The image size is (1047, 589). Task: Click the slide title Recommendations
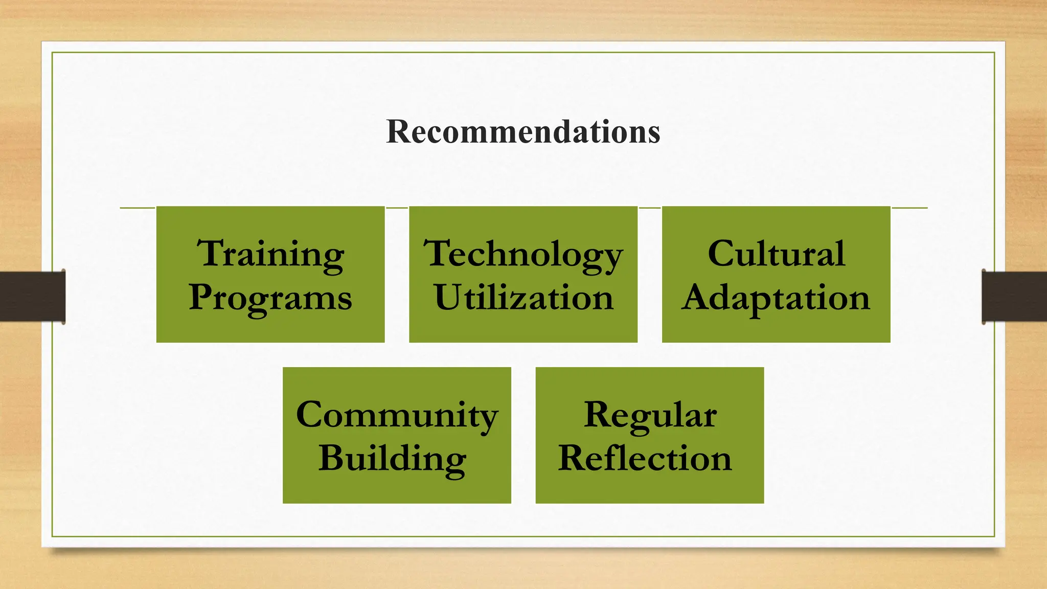tap(523, 131)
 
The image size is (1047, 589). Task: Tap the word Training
tap(270, 254)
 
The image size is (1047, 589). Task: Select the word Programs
tap(270, 298)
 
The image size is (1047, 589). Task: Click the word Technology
tap(523, 254)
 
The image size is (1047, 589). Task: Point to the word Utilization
tap(523, 298)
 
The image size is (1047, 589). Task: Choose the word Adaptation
tap(776, 298)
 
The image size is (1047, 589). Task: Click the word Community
tap(397, 415)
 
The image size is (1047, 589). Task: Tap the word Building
tap(392, 459)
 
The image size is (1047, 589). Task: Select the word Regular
tap(650, 415)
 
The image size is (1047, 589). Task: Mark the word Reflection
tap(645, 458)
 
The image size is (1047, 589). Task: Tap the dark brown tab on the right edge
tap(1014, 297)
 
